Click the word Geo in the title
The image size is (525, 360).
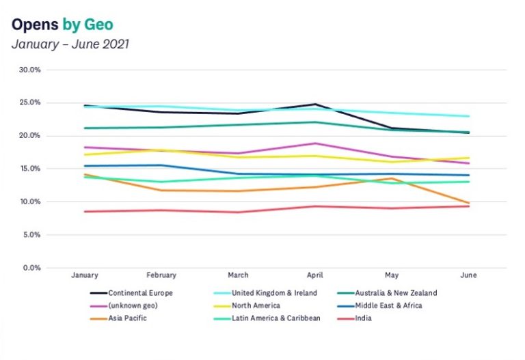point(98,25)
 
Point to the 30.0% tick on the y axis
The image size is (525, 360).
point(31,70)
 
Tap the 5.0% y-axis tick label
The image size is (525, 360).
point(33,235)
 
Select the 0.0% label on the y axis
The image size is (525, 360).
point(33,268)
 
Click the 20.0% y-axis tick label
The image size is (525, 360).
point(31,136)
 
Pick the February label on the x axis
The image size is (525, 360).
point(161,275)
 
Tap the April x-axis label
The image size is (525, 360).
point(315,275)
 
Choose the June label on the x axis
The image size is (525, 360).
point(468,275)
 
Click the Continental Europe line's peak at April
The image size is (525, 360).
point(315,105)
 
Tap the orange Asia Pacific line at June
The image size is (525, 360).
point(468,203)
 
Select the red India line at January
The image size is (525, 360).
point(85,212)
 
